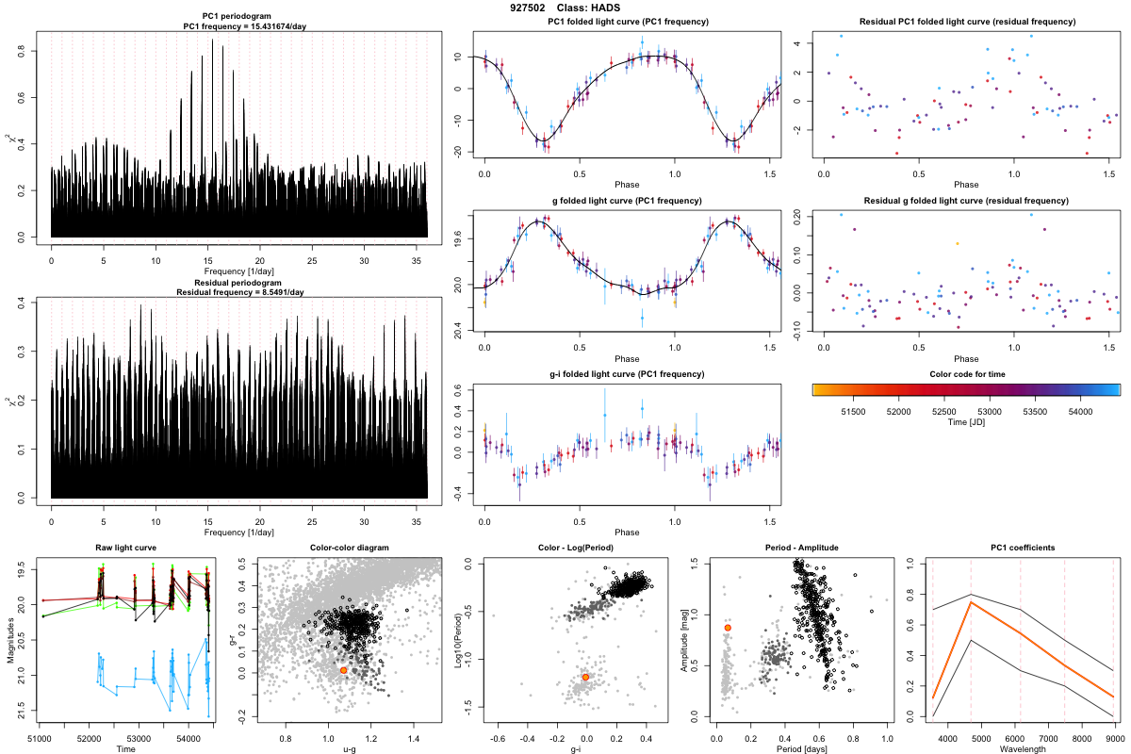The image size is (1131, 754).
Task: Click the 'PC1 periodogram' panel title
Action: pyautogui.click(x=240, y=17)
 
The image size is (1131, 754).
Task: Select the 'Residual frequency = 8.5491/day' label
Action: pyautogui.click(x=240, y=292)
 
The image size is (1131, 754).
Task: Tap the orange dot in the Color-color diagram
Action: pyautogui.click(x=343, y=670)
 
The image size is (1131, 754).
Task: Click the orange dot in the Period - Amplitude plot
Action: pyautogui.click(x=728, y=628)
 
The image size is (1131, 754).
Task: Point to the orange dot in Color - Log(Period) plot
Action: pyautogui.click(x=586, y=677)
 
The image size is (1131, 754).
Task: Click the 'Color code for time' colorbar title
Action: pyautogui.click(x=966, y=374)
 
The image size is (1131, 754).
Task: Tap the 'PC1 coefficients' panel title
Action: pyautogui.click(x=1023, y=548)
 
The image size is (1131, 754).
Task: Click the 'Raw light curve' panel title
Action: pyautogui.click(x=125, y=548)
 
